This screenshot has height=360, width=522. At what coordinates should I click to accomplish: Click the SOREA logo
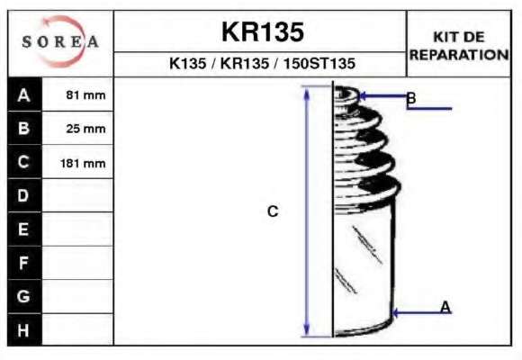coord(60,41)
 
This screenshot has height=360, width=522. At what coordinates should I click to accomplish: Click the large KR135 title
coord(263,32)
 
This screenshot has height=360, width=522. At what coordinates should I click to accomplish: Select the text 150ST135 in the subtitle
coord(319,63)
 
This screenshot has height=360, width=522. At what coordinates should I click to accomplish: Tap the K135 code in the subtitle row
coord(188,63)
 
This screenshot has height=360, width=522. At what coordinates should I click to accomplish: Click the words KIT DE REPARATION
coord(459,46)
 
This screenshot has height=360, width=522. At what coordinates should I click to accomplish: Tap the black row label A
coord(24,94)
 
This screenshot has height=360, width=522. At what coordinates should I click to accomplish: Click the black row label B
coord(24,128)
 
